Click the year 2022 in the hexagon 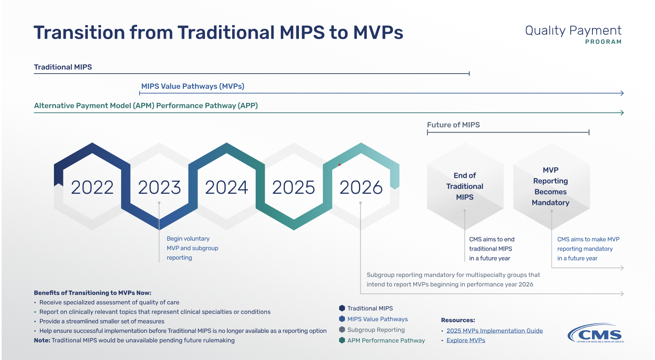point(92,188)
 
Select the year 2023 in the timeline point(159,188)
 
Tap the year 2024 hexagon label point(226,188)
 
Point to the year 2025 point(294,188)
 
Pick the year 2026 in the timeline point(361,188)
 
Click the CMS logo point(596,333)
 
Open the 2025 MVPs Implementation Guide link point(494,331)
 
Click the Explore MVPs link point(466,340)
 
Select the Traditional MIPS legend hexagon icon point(342,308)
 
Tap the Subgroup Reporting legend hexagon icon point(342,330)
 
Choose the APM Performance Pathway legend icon point(342,340)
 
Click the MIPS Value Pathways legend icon point(342,319)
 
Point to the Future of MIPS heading point(453,125)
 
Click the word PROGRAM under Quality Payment point(603,42)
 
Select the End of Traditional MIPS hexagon point(465,186)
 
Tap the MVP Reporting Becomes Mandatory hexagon point(551,186)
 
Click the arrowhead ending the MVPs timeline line point(622,93)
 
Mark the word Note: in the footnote point(42,340)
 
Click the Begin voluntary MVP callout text point(192,248)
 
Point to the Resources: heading point(458,320)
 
